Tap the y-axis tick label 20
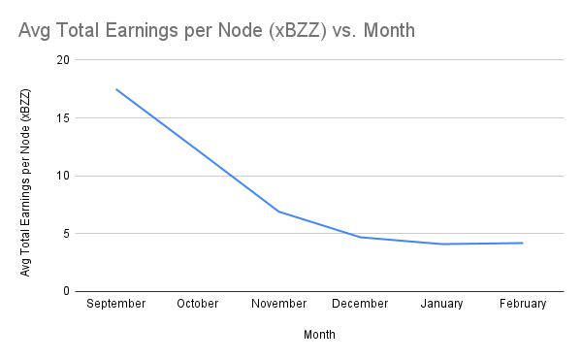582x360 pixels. (x=64, y=60)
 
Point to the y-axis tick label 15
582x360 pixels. (x=64, y=118)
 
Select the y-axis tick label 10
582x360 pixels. (x=64, y=176)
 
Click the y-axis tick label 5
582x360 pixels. (x=67, y=234)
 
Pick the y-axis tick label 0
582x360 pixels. (x=67, y=291)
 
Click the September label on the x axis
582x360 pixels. (x=116, y=304)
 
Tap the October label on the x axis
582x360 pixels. (x=198, y=304)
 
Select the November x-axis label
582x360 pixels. (x=279, y=304)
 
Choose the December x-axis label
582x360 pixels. (x=361, y=304)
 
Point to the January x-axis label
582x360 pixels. (x=442, y=304)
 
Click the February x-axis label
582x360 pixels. (x=524, y=304)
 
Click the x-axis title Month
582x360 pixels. (x=320, y=334)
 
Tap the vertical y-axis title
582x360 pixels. (x=26, y=181)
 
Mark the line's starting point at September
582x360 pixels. (x=116, y=89)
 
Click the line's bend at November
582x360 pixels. (x=279, y=212)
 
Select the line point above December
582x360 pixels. (x=361, y=237)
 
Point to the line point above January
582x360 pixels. (x=442, y=244)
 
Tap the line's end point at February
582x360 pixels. (x=524, y=243)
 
